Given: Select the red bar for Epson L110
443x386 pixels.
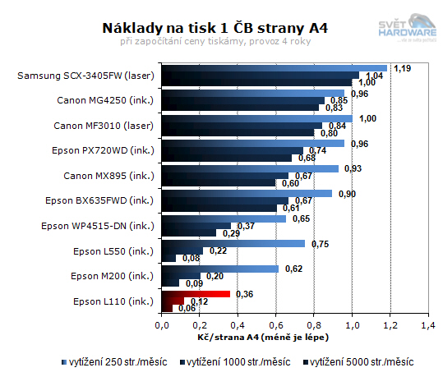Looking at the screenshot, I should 196,293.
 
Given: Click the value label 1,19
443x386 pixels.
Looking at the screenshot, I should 403,68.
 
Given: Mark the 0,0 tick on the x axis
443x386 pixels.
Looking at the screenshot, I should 162,325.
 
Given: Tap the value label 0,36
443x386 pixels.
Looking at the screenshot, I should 244,293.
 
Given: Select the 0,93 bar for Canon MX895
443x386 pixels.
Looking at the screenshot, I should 251,168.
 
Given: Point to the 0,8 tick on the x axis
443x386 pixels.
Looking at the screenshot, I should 314,325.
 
